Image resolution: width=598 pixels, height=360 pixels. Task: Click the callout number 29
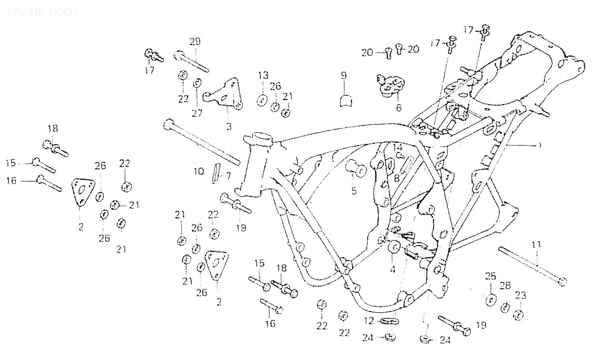pos(195,41)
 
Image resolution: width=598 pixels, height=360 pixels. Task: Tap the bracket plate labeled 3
pos(224,96)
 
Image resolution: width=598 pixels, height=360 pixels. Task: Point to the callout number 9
pos(343,75)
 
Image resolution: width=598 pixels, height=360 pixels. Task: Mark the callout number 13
pos(263,75)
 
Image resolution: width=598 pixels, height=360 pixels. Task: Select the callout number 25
pos(490,276)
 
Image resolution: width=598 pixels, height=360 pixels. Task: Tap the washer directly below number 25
pos(491,300)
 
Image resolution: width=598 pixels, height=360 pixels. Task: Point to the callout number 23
pos(521,295)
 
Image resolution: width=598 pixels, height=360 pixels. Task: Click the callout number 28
pos(505,285)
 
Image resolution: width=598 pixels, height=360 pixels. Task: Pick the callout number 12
pos(369,320)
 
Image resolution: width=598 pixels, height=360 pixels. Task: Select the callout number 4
pos(392,270)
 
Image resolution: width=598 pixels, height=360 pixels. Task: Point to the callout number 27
pos(197,113)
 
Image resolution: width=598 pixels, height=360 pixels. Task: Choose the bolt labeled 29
pos(191,61)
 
